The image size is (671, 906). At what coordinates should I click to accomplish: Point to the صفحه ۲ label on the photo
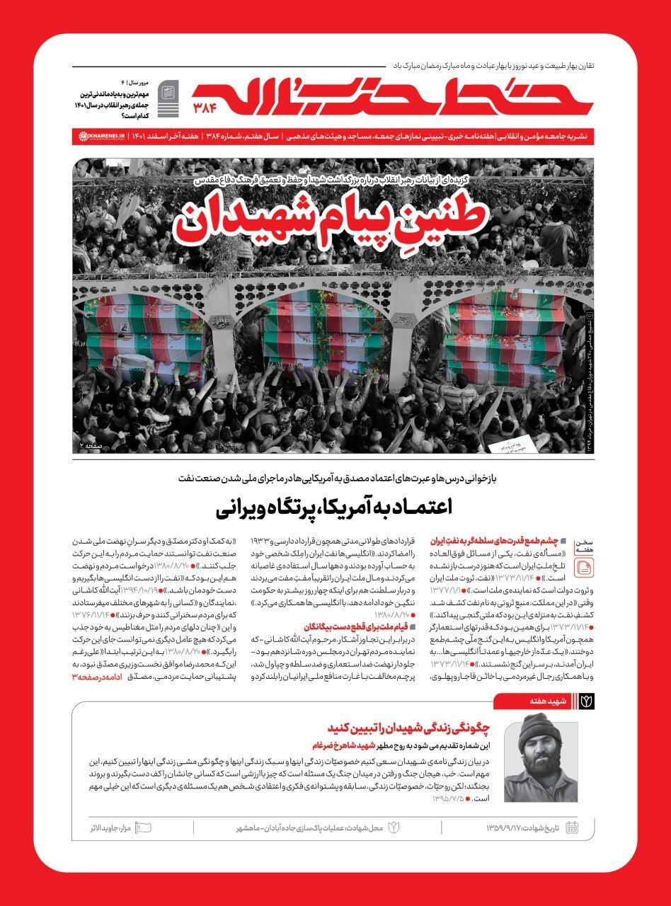pyautogui.click(x=91, y=445)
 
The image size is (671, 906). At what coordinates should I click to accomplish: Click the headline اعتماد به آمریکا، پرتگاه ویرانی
pyautogui.click(x=333, y=508)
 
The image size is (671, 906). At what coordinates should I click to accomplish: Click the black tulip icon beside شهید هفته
pyautogui.click(x=587, y=701)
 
